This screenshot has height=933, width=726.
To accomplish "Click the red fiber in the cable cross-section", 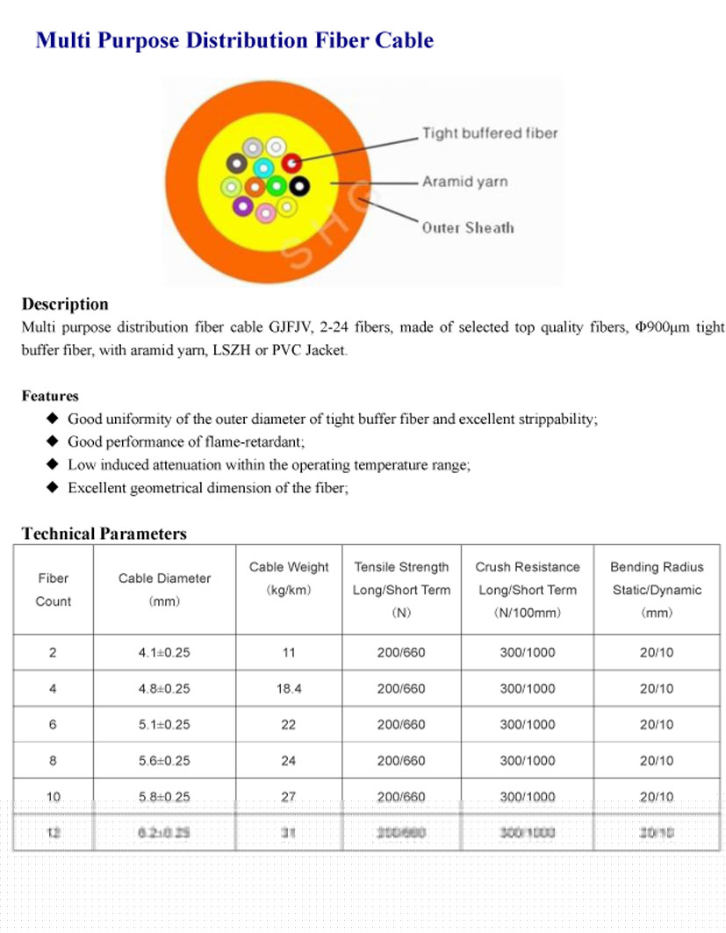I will pyautogui.click(x=291, y=162).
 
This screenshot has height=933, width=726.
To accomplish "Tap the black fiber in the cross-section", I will pyautogui.click(x=299, y=185).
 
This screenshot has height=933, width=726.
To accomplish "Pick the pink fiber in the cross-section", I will pyautogui.click(x=264, y=211).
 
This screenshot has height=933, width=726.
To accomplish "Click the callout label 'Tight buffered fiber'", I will pyautogui.click(x=490, y=133).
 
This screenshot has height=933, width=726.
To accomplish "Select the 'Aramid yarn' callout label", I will pyautogui.click(x=464, y=182).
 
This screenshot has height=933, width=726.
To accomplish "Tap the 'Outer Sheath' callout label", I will pyautogui.click(x=468, y=228).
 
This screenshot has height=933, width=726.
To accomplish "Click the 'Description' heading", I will pyautogui.click(x=65, y=305).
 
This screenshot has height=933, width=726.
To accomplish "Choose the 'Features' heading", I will pyautogui.click(x=50, y=396).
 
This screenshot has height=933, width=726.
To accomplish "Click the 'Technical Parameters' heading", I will pyautogui.click(x=104, y=534).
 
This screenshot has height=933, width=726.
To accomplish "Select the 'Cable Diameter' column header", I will pyautogui.click(x=164, y=578).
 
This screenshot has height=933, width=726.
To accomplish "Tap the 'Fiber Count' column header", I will pyautogui.click(x=53, y=590).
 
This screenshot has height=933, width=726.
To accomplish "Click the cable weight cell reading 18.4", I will pyautogui.click(x=289, y=689).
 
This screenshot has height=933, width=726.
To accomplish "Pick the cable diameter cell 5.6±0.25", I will pyautogui.click(x=164, y=761).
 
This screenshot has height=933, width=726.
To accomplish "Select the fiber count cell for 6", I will pyautogui.click(x=53, y=725).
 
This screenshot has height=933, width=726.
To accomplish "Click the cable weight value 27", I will pyautogui.click(x=289, y=797).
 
